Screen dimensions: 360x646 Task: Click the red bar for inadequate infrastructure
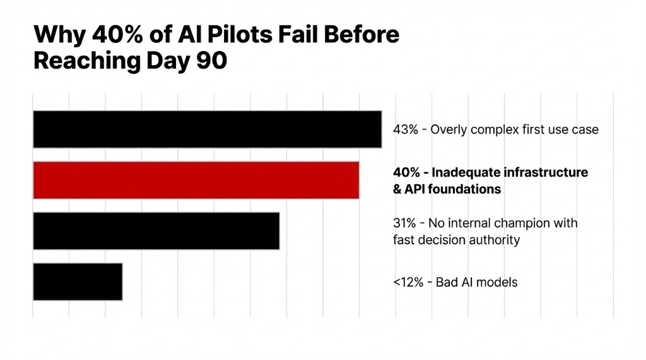coord(196,180)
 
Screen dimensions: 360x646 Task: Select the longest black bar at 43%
coord(207,129)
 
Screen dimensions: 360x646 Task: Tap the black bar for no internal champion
coord(156,231)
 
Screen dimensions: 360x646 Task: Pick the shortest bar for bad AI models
coord(77,281)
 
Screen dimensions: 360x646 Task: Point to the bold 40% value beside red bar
coord(405,173)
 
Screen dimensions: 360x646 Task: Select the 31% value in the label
coord(404,223)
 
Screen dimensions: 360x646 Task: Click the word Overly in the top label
coord(450,130)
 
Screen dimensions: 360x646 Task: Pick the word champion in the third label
coord(529,223)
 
